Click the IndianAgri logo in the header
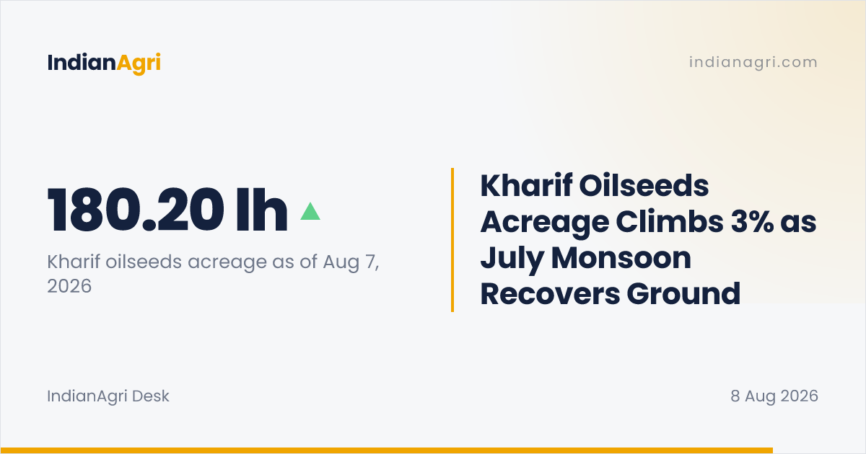[x=104, y=63]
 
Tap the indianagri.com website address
[x=753, y=62]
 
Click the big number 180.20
[x=136, y=210]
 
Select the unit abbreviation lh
[x=262, y=210]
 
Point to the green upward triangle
[x=310, y=212]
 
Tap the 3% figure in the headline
[x=752, y=222]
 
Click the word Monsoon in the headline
[x=621, y=258]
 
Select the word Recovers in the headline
[x=549, y=294]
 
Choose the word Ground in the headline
[x=683, y=294]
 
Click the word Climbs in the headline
[x=670, y=222]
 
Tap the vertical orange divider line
[x=452, y=240]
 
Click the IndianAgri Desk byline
[x=108, y=396]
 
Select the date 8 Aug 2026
[x=774, y=396]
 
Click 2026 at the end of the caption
[x=69, y=286]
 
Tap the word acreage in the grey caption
[x=227, y=262]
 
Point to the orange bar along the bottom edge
[x=387, y=450]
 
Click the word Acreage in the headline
[x=544, y=223]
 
